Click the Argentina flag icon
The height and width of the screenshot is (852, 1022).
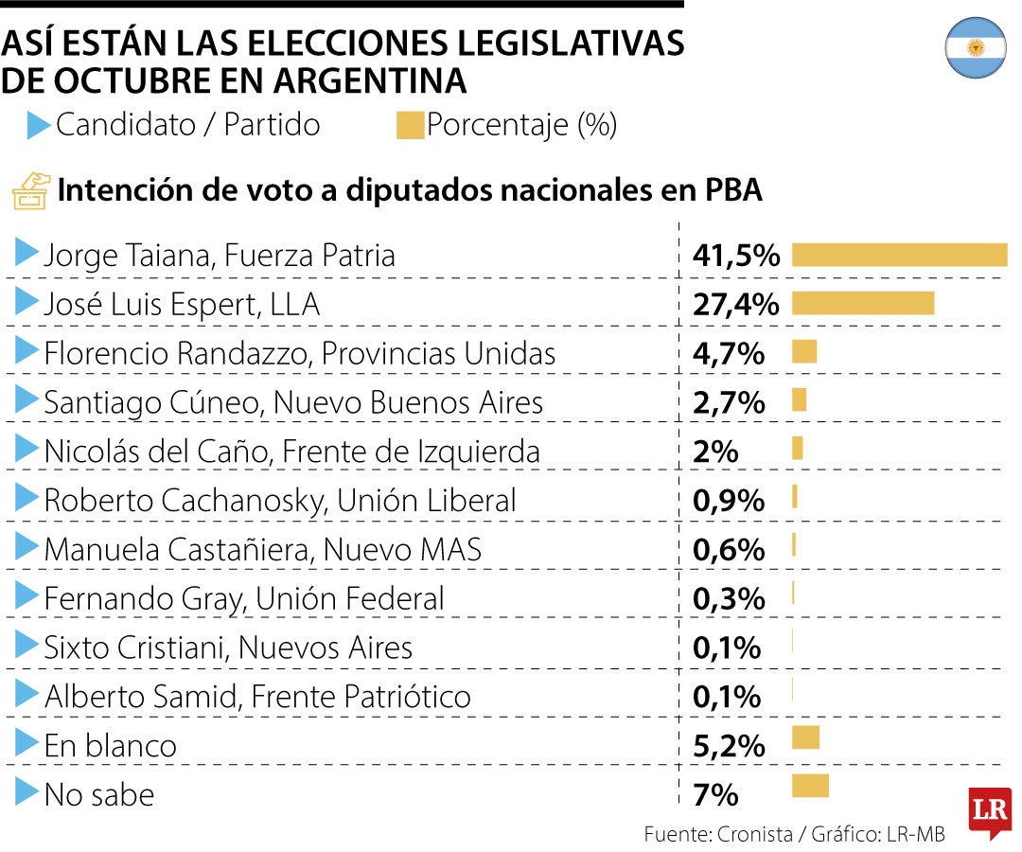tap(975, 47)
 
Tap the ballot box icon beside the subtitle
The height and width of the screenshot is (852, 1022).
tap(29, 190)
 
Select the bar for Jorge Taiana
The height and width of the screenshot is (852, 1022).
tap(899, 255)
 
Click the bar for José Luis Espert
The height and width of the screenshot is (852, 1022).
tap(862, 304)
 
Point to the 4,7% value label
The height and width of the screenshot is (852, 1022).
tap(729, 353)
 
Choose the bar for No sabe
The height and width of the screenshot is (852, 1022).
tap(809, 786)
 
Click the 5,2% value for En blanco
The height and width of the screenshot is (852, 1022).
tap(729, 746)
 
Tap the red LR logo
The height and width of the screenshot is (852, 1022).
tap(989, 812)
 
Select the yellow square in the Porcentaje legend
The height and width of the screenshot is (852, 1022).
tap(410, 126)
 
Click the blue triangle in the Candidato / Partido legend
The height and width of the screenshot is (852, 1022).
tap(38, 126)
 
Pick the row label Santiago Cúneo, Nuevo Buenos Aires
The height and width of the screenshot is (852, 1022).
tap(293, 402)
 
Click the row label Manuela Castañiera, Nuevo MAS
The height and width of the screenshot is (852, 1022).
tap(263, 549)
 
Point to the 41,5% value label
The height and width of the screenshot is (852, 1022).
tap(736, 255)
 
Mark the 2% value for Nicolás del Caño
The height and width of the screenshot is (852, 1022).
tap(715, 452)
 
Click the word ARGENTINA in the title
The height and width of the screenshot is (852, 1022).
tap(369, 80)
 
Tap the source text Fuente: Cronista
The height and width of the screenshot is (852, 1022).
tap(717, 834)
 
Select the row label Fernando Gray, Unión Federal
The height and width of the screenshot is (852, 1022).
tap(244, 598)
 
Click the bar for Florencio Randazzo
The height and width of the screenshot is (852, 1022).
tap(803, 352)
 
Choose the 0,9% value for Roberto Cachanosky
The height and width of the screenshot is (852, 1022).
tap(729, 501)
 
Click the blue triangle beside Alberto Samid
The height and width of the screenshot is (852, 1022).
tap(26, 696)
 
